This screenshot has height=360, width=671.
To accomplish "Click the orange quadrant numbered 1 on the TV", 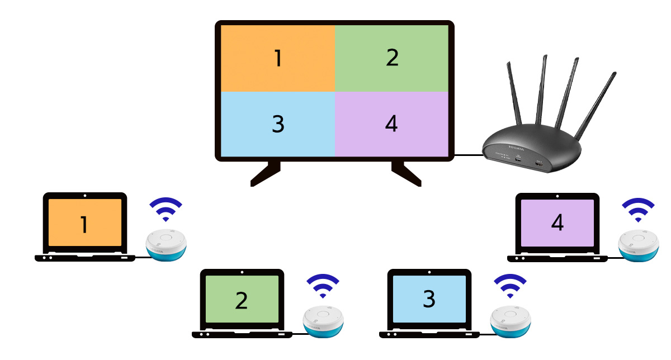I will (278, 58).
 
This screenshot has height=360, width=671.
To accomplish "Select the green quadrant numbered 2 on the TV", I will (392, 58).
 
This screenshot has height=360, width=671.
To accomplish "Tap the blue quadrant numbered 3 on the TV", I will (278, 124).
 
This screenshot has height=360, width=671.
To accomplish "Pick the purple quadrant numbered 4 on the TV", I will (392, 124).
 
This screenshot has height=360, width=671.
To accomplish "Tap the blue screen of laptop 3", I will (429, 299).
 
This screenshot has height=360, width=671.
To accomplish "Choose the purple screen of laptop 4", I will (557, 223).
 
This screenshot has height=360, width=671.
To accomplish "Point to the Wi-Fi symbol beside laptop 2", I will (323, 287).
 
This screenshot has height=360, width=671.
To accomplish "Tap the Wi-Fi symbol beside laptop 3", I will (510, 287).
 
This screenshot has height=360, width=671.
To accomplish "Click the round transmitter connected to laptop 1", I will (166, 245).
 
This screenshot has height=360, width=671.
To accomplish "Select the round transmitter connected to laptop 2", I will (323, 322).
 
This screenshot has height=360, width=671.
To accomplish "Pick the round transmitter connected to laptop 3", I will (511, 322).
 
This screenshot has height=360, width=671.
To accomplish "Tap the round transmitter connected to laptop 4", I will (639, 245).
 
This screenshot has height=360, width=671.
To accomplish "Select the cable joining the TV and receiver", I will (469, 155).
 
